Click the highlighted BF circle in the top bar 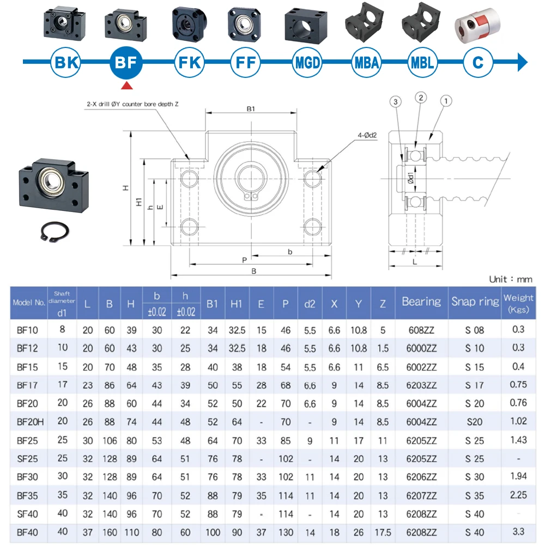pyautogui.click(x=126, y=63)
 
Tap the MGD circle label pyautogui.click(x=307, y=63)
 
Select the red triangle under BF pyautogui.click(x=127, y=86)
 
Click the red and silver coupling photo pyautogui.click(x=477, y=26)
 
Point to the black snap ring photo pyautogui.click(x=55, y=231)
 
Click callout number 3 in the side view pyautogui.click(x=396, y=102)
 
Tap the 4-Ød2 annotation pyautogui.click(x=367, y=135)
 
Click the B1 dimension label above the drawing pyautogui.click(x=251, y=109)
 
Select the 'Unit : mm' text pyautogui.click(x=511, y=279)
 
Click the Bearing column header pyautogui.click(x=421, y=302)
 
